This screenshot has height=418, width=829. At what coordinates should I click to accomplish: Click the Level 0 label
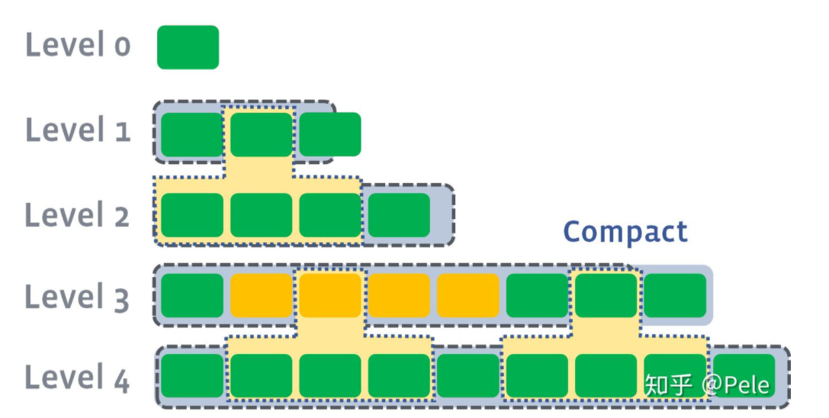tap(78, 44)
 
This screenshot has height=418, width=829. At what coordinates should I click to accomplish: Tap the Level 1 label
tap(78, 130)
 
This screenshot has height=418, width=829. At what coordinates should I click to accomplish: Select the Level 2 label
tap(77, 215)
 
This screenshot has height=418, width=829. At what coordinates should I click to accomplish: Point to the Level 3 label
tap(77, 297)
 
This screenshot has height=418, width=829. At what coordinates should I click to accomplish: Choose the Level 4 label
tap(77, 378)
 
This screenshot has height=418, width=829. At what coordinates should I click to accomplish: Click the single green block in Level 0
tap(188, 47)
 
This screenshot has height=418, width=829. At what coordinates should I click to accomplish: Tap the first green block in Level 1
tap(192, 134)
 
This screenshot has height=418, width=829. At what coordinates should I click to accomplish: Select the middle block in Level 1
tap(261, 134)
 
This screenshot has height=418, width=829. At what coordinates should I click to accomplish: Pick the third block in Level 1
tap(330, 134)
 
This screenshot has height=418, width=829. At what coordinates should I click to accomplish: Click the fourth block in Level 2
tap(399, 215)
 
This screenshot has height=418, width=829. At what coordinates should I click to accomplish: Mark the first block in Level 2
tap(192, 215)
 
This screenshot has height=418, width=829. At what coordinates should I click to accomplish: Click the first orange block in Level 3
tap(261, 295)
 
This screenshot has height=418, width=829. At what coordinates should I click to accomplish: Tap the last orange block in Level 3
tap(468, 295)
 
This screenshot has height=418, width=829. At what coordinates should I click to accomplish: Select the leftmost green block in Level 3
tap(192, 295)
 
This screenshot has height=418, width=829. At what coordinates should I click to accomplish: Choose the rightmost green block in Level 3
tap(675, 295)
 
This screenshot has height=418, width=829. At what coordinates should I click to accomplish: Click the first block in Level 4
tap(192, 376)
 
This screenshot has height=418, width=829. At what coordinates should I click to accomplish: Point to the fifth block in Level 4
tap(468, 376)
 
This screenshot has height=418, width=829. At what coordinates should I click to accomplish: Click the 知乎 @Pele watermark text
tap(707, 384)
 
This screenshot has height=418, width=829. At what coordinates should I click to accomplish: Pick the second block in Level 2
tap(261, 215)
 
